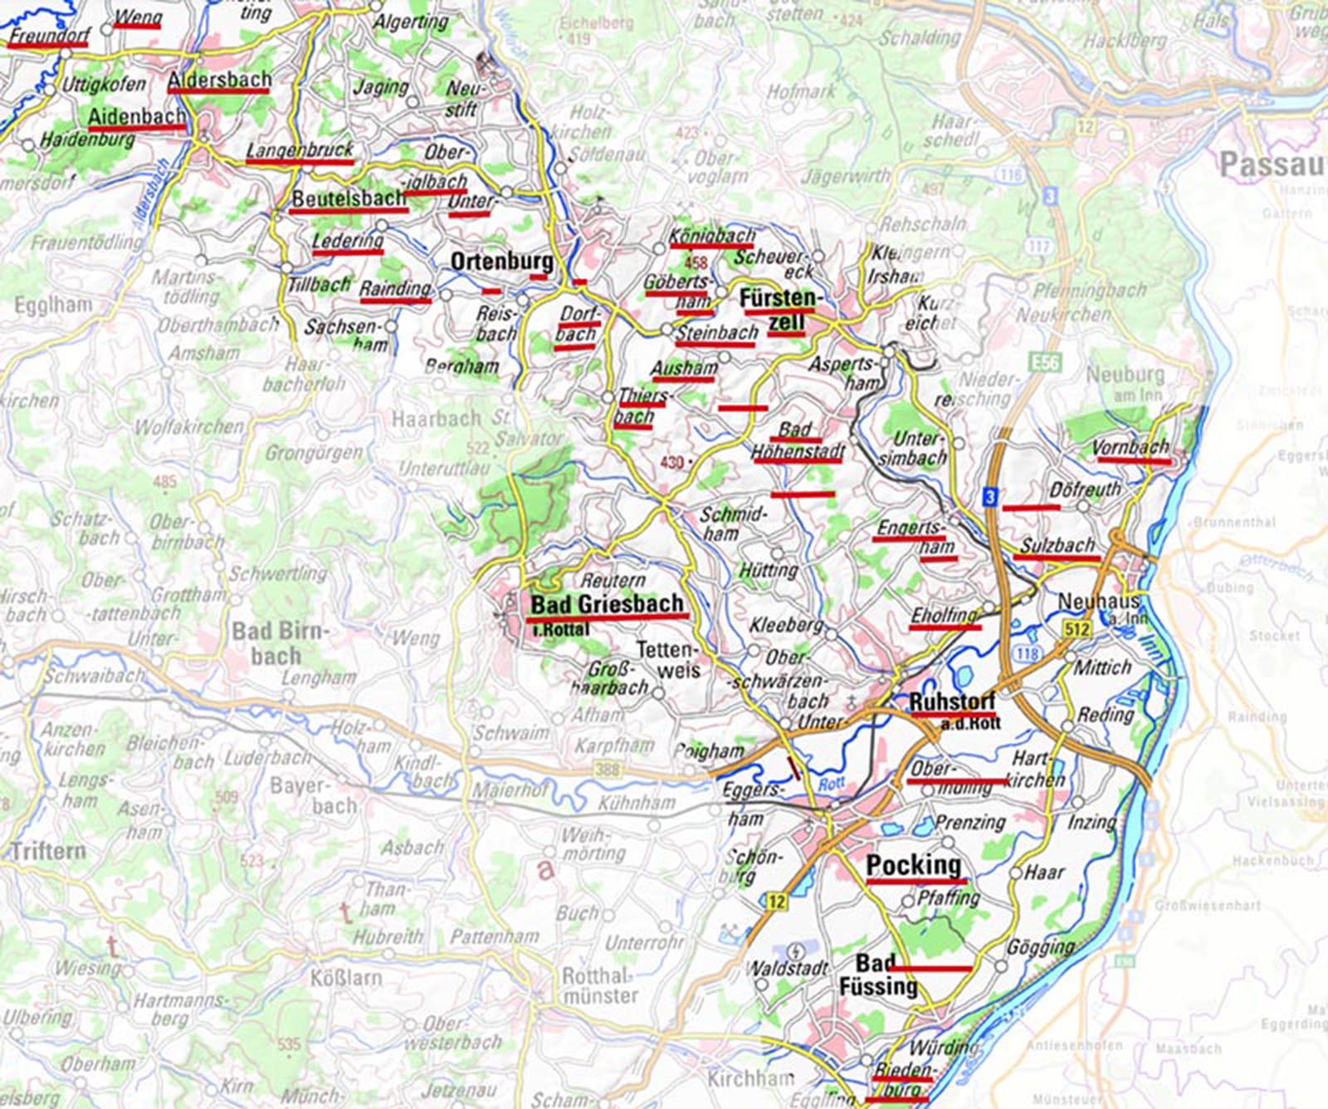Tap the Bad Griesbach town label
click(x=607, y=604)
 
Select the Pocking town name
click(x=913, y=866)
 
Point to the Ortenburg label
click(x=501, y=261)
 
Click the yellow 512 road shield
click(x=1077, y=629)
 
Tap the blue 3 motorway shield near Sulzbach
click(x=989, y=497)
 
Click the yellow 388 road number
click(x=607, y=769)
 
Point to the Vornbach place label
click(x=1130, y=448)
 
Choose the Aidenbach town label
click(x=136, y=117)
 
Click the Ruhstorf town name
click(x=952, y=702)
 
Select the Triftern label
click(x=48, y=852)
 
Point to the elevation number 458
click(x=696, y=263)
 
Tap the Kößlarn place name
click(x=345, y=977)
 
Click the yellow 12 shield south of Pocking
click(x=776, y=901)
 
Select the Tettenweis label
click(x=669, y=660)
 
